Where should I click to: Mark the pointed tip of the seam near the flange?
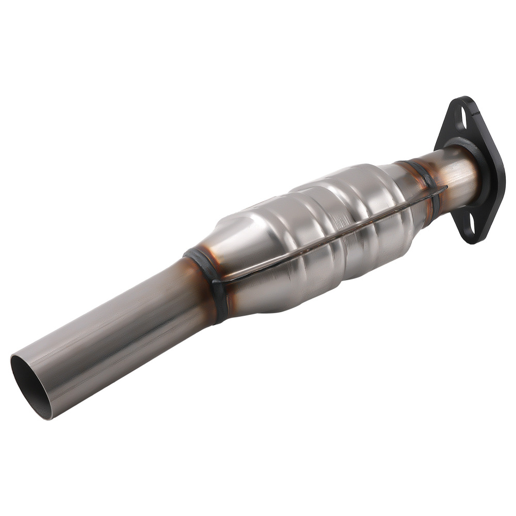point(445,188)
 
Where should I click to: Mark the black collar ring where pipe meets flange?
point(482,170)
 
